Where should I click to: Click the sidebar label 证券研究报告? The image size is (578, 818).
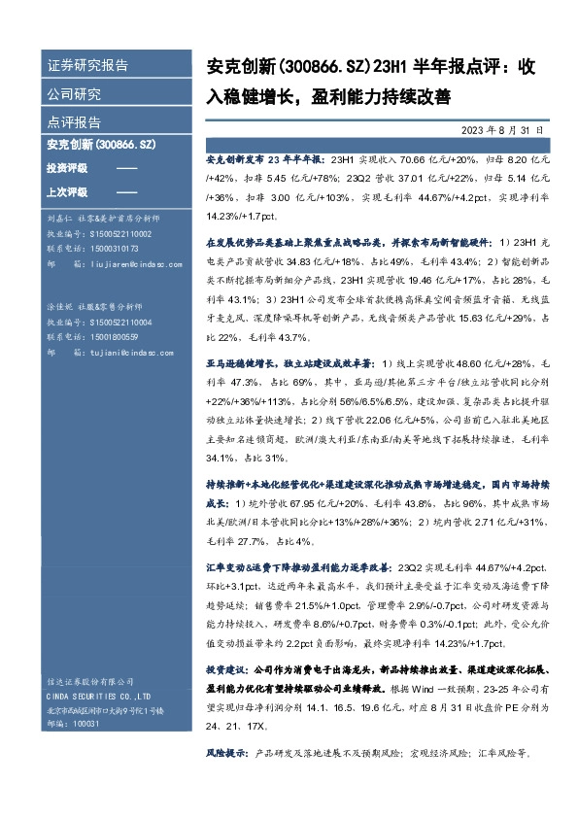[87, 66]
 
